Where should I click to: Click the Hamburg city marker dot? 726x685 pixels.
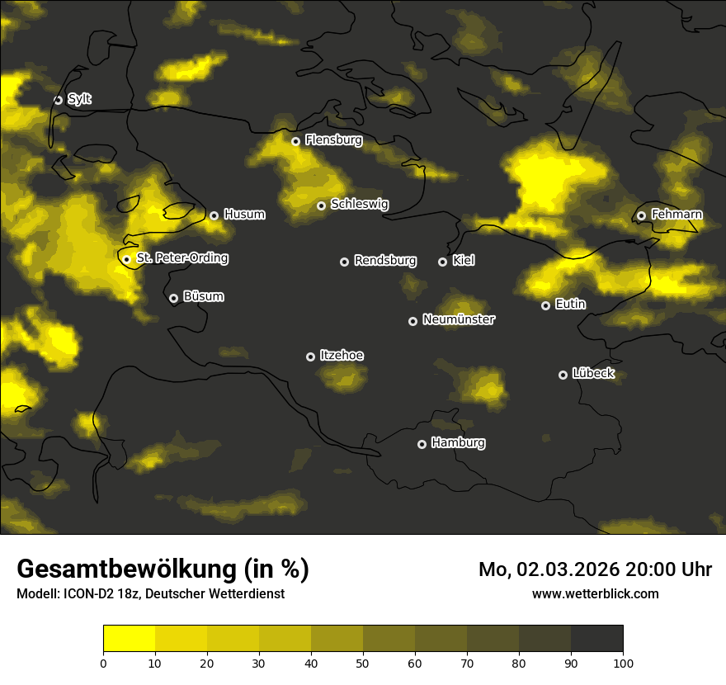[x=422, y=444]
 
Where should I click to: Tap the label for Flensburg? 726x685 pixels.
[x=333, y=140]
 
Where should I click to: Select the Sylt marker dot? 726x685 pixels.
[x=58, y=100]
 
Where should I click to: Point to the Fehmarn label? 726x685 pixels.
[x=676, y=215]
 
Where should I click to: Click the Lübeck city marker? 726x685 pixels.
[x=563, y=375]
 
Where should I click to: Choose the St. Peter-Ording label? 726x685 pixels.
[x=182, y=258]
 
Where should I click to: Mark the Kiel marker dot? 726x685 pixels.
[x=442, y=262]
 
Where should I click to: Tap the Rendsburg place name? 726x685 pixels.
[x=385, y=261]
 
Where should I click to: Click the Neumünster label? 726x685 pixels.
[x=459, y=319]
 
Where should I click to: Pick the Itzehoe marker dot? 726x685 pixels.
[x=310, y=357]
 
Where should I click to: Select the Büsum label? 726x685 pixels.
[x=204, y=296]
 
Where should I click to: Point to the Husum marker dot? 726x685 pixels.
[x=214, y=215]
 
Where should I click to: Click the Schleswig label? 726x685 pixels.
[x=360, y=204]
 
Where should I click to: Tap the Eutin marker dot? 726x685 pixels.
[x=545, y=305]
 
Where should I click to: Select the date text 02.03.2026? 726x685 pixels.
[x=568, y=569]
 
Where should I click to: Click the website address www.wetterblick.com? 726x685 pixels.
[x=596, y=593]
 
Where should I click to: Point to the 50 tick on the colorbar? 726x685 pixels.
[x=363, y=662]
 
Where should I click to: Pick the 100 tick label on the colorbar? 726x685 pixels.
[x=623, y=662]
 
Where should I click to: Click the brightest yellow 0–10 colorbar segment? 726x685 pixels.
[x=129, y=638]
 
